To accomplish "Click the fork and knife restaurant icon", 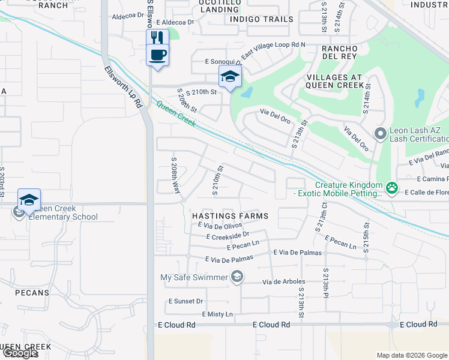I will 157,37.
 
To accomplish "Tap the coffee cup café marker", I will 157,55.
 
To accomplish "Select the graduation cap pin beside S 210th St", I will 230,77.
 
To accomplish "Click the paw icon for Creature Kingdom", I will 392,188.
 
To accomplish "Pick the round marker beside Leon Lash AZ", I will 379,133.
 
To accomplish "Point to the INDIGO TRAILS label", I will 262,19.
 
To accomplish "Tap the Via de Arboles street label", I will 284,281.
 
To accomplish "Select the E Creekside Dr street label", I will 227,236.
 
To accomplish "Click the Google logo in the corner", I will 19,353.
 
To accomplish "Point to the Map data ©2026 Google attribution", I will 411,355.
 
